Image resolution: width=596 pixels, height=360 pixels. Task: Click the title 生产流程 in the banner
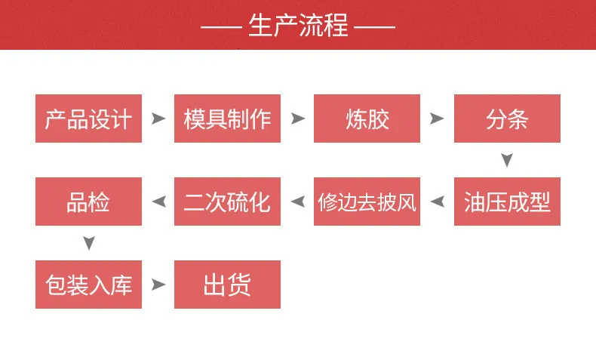click(298, 25)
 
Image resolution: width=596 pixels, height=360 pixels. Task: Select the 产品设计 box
click(88, 118)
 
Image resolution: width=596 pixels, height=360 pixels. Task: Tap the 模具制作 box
click(227, 118)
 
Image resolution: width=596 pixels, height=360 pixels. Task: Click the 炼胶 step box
click(367, 118)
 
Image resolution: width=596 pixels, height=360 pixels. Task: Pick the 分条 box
click(507, 118)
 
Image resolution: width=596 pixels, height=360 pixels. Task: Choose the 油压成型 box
click(507, 202)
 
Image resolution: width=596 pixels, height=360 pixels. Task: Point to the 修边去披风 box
click(367, 202)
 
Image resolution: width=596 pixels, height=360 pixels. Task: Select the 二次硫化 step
click(227, 202)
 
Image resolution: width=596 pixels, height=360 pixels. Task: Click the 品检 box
click(88, 202)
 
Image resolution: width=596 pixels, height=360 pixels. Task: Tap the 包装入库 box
click(88, 285)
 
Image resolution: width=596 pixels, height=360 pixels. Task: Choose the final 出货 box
click(227, 285)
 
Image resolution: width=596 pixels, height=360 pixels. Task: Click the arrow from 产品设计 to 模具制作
click(158, 118)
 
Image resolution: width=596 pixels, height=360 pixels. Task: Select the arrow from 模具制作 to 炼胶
click(296, 118)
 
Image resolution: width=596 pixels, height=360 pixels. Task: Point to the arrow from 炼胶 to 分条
click(436, 118)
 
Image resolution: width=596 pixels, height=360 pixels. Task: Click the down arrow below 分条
click(507, 159)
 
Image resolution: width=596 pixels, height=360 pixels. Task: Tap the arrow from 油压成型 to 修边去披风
click(438, 202)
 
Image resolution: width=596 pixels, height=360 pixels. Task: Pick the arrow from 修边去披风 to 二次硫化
click(299, 202)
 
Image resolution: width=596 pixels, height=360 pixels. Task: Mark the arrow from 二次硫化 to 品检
click(160, 202)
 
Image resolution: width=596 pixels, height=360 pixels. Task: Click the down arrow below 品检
click(89, 242)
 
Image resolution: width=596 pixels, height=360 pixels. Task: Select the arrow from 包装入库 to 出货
click(158, 285)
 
